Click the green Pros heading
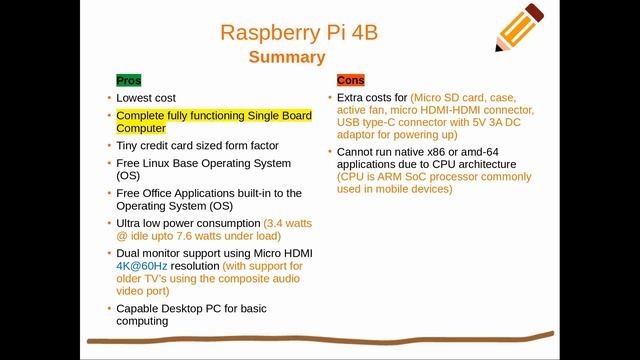[129, 80]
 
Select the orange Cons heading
[351, 80]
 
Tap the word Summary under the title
[287, 57]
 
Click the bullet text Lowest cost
[146, 98]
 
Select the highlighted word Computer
[141, 128]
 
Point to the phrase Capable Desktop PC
[171, 309]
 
